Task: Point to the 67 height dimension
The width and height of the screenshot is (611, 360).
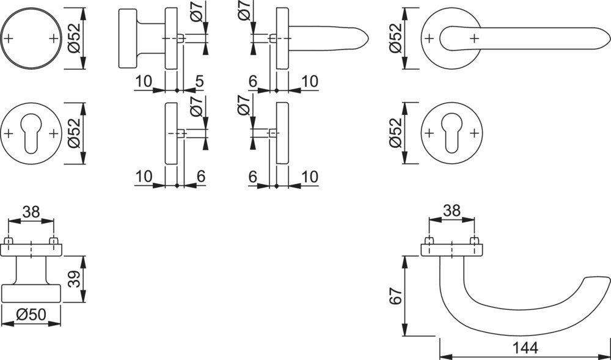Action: point(395,297)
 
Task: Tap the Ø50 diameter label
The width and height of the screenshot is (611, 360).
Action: point(31,315)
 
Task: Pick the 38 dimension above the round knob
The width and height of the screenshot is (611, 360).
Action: point(31,212)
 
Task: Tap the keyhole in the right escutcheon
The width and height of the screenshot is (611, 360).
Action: point(452,133)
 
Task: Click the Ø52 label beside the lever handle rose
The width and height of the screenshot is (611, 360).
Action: point(395,38)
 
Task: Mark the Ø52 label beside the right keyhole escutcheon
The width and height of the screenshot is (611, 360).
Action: point(395,133)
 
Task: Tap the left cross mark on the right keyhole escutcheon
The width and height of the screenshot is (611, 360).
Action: point(430,133)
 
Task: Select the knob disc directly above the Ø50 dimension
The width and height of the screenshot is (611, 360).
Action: point(31,293)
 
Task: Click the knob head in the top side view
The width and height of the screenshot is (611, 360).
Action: point(128,39)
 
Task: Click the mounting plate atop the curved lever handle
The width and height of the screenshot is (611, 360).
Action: point(452,249)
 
